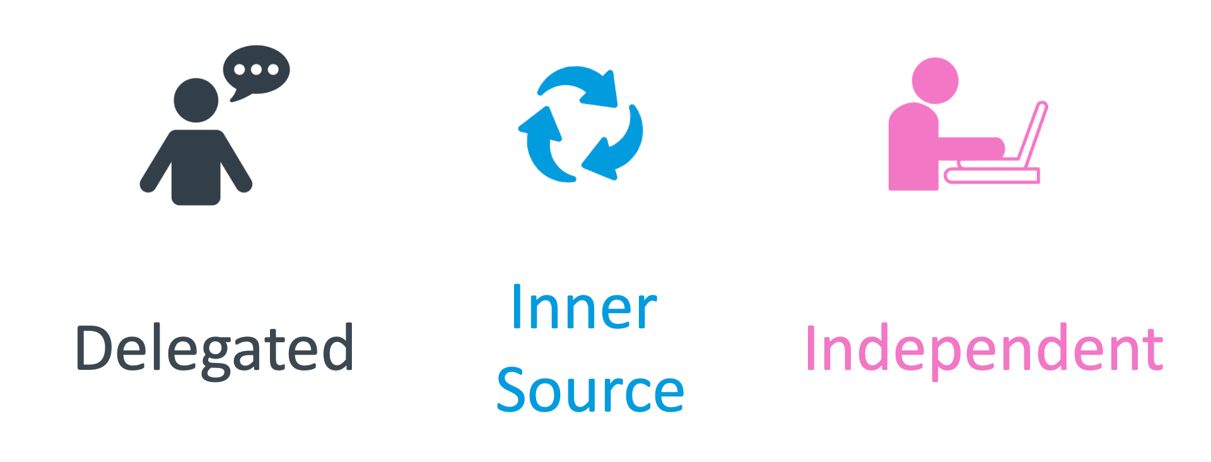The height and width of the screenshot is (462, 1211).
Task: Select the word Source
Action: click(x=590, y=390)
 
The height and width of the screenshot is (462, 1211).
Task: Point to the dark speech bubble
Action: click(x=256, y=71)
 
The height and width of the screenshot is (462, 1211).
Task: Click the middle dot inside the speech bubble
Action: click(x=256, y=69)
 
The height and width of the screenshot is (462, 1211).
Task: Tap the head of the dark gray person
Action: click(x=196, y=100)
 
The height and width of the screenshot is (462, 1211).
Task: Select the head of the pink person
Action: click(x=935, y=81)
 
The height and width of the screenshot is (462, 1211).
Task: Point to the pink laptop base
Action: click(x=992, y=175)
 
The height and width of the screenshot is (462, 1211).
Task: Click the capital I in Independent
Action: click(x=811, y=348)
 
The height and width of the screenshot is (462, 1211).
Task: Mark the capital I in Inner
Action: click(x=517, y=307)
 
